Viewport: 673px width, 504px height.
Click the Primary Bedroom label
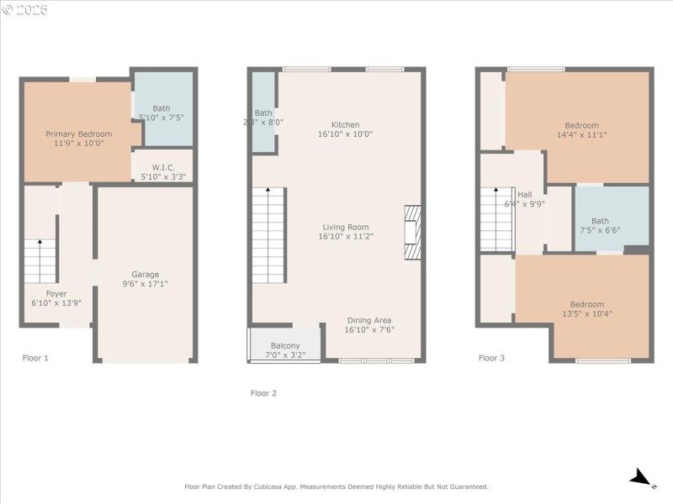coord(78,134)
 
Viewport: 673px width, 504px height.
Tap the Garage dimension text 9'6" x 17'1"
coord(145,284)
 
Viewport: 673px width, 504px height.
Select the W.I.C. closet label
coord(163,167)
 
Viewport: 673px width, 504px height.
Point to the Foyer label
coord(56,293)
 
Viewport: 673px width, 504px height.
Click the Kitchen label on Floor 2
coord(345,124)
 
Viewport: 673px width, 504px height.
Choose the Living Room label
coord(345,226)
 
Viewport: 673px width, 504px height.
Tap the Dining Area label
coord(368,320)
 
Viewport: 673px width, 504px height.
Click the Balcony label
coord(285,345)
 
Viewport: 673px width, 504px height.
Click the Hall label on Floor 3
coord(525,194)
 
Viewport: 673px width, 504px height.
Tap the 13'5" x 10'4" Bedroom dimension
coord(586,313)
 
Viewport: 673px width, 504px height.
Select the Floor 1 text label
coord(35,358)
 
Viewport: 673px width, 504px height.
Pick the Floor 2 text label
coord(263,393)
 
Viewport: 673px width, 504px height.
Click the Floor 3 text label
coord(491,358)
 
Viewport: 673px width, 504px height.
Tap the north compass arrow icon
coord(642,479)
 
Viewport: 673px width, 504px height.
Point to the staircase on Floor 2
coord(269,236)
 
